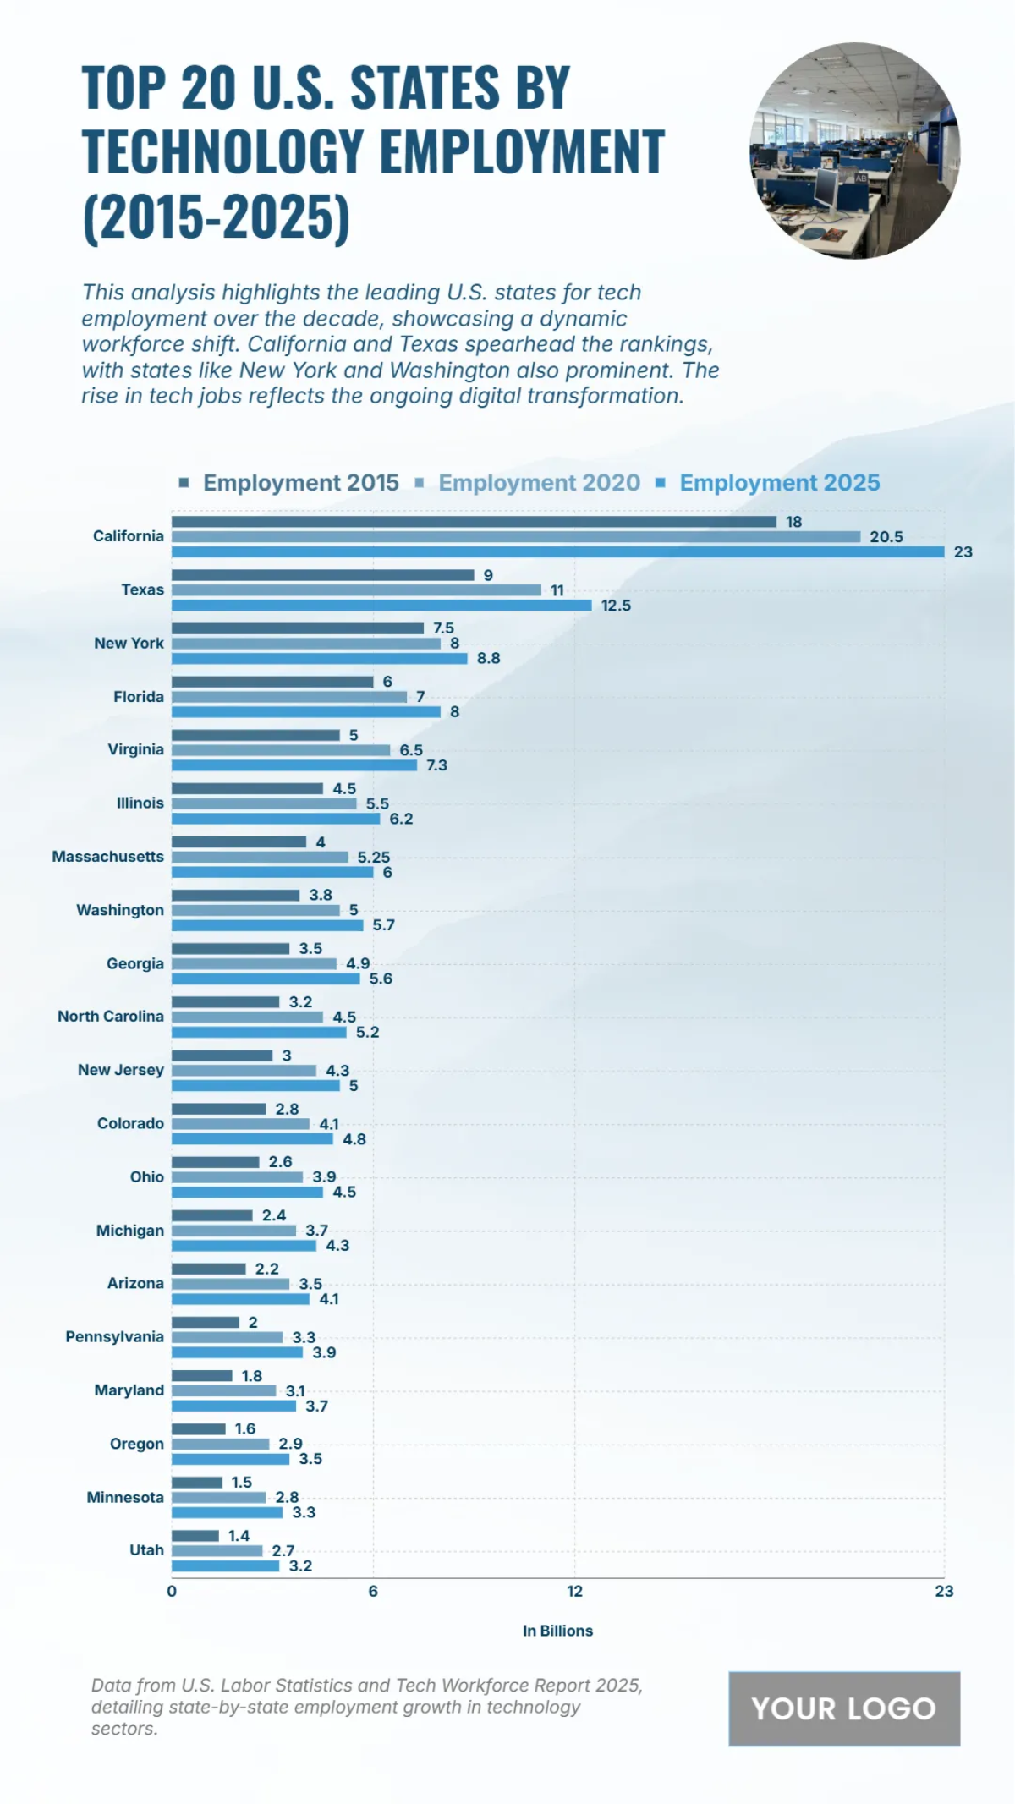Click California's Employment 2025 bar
(x=557, y=551)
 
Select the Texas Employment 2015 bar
(x=322, y=575)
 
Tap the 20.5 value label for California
(x=886, y=537)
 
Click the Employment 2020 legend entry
(x=539, y=483)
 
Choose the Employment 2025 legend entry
(x=779, y=483)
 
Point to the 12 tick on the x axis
(x=574, y=1591)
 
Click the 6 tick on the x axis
(x=373, y=1591)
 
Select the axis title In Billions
(x=557, y=1631)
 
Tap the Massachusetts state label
(x=108, y=857)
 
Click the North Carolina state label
(x=111, y=1017)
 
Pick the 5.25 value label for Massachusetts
(x=373, y=858)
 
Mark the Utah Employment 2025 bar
(x=225, y=1565)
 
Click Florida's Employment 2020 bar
(x=288, y=697)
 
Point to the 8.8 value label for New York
(x=488, y=658)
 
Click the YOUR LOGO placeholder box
(x=843, y=1708)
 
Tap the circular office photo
(x=854, y=151)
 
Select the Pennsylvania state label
(x=115, y=1337)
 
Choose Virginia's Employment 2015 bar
(x=255, y=735)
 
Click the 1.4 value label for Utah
(x=239, y=1536)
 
